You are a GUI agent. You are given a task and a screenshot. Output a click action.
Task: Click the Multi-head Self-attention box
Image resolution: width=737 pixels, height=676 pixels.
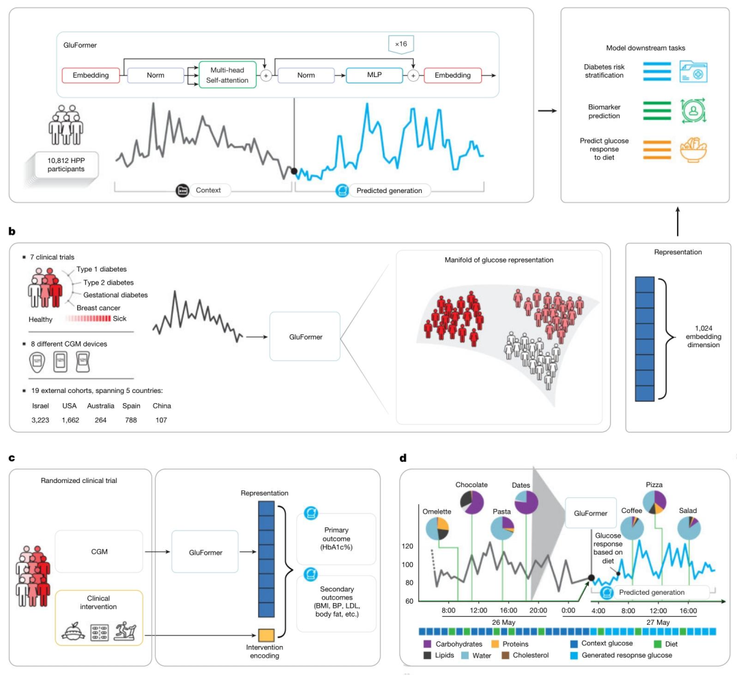pyautogui.click(x=228, y=75)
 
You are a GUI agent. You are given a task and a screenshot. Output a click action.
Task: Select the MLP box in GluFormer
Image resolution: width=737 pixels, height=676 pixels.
pyautogui.click(x=375, y=75)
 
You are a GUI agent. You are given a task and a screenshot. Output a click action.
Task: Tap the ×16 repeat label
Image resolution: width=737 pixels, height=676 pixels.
pyautogui.click(x=401, y=45)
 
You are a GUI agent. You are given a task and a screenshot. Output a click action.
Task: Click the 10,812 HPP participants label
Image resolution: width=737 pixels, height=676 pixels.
pyautogui.click(x=66, y=164)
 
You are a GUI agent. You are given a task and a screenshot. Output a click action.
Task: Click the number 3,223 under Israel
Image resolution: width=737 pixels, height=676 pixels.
pyautogui.click(x=42, y=420)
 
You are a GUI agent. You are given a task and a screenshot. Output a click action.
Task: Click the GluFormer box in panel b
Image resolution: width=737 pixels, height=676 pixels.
pyautogui.click(x=304, y=336)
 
